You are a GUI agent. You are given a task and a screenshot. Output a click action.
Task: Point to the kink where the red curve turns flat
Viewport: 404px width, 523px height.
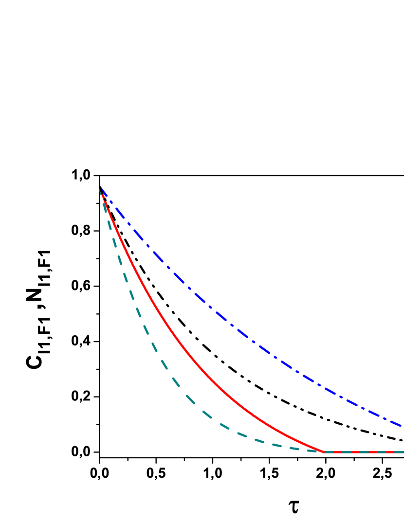[324, 452]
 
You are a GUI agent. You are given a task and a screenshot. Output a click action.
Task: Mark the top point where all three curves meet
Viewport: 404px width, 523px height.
[100, 188]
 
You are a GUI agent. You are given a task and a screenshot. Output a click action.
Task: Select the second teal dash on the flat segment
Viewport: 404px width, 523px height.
[346, 452]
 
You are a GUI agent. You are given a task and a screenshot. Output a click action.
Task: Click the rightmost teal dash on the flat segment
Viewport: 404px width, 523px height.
[397, 452]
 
